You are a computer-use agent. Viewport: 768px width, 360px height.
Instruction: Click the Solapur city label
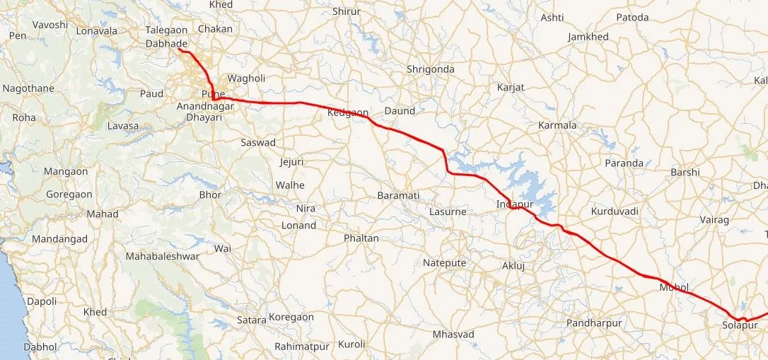740,325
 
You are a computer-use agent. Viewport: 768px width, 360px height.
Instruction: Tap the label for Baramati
398,194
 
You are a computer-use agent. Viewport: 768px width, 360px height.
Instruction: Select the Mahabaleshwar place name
162,256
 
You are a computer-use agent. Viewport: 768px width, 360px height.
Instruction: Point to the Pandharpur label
594,323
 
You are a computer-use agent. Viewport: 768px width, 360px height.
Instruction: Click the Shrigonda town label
430,69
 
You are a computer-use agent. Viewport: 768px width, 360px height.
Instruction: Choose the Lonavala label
96,31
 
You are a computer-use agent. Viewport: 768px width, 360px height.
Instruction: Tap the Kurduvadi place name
615,211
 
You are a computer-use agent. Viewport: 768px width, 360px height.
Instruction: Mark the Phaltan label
361,238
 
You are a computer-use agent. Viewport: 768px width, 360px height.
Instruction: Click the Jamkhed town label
588,37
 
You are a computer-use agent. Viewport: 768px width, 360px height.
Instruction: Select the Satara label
252,320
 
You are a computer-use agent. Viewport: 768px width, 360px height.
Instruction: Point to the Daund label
400,111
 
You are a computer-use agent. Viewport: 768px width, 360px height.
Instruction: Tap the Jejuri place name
291,162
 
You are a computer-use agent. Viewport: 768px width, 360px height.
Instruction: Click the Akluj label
514,265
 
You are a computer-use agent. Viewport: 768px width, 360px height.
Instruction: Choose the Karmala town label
557,125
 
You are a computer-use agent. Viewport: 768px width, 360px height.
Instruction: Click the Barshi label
685,172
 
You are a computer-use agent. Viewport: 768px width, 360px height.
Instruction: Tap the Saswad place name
258,142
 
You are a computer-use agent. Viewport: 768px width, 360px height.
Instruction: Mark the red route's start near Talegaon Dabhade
179,50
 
